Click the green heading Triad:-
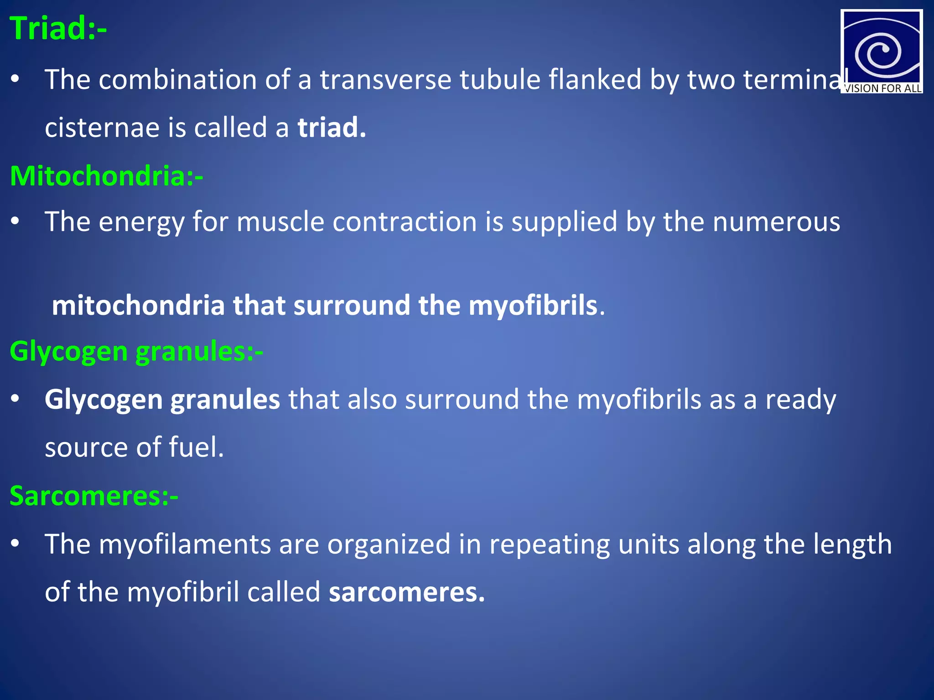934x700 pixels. coord(58,29)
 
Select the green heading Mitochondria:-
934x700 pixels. coord(106,176)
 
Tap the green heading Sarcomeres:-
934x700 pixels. coord(93,496)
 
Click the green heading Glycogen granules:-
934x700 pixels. coord(136,352)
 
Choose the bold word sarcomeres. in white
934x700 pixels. coord(406,592)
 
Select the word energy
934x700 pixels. coord(141,222)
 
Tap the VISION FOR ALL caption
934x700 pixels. coord(882,88)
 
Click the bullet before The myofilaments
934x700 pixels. coord(16,544)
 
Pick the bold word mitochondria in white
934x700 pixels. coord(138,305)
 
